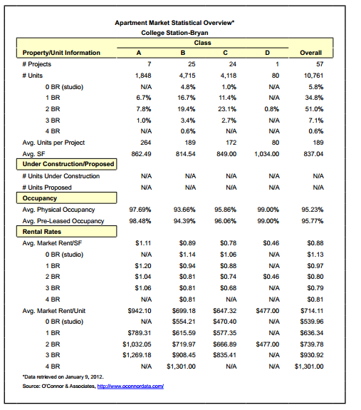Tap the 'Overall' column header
[310, 52]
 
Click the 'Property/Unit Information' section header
[61, 52]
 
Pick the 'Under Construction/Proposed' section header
[68, 164]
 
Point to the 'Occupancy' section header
[40, 198]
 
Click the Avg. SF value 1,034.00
[265, 153]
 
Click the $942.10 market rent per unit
[140, 311]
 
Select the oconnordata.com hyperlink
[130, 386]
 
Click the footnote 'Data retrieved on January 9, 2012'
[63, 376]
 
